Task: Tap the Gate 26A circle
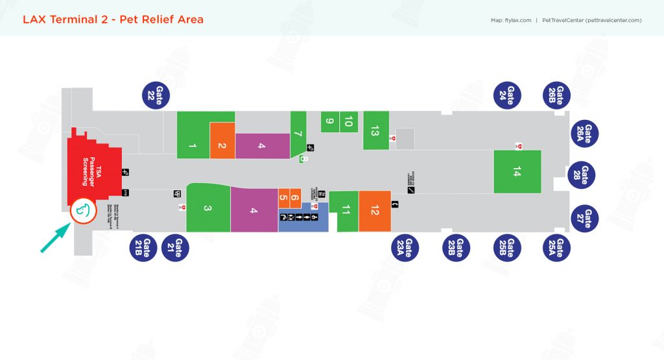coord(586,134)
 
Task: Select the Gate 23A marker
coord(406,248)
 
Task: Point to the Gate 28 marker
coord(582,175)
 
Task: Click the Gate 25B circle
coord(510,248)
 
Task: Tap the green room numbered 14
coord(517,172)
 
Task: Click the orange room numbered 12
coord(375,211)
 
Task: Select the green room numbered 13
coord(375,130)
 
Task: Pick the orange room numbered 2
coord(222,141)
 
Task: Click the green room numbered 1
coord(193,135)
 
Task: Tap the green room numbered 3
coord(207,208)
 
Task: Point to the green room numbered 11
coord(345,211)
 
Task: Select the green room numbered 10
coord(348,121)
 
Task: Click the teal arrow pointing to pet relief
coord(56,237)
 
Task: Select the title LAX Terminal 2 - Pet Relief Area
coord(113,19)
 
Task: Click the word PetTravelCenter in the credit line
coord(562,20)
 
